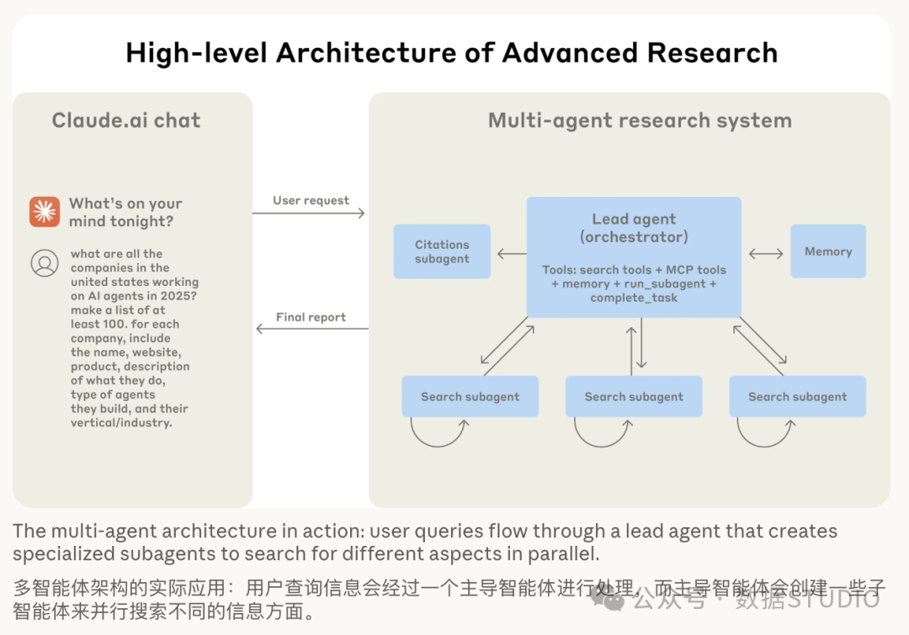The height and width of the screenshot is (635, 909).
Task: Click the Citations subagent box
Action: [x=442, y=251]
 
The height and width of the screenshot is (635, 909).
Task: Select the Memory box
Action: [x=828, y=251]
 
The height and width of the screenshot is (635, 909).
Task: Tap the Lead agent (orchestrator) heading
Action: [x=634, y=228]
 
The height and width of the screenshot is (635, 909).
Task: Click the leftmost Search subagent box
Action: [x=470, y=396]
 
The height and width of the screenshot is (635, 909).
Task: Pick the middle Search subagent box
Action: [x=634, y=396]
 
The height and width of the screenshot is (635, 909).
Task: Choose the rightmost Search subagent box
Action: [x=797, y=396]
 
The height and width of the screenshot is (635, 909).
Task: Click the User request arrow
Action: [x=308, y=214]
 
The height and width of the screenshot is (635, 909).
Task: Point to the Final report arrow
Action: [x=312, y=329]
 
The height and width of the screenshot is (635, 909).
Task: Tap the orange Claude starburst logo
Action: [x=45, y=211]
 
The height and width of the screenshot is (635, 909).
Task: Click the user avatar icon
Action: [x=45, y=263]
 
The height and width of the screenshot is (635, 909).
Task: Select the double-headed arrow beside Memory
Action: [x=766, y=253]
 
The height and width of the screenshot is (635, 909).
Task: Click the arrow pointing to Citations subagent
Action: [x=512, y=253]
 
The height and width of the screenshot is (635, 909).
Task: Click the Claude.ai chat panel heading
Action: [x=125, y=120]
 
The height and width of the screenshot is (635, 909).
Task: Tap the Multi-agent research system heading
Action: [x=640, y=120]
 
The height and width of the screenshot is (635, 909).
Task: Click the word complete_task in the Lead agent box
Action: [x=634, y=298]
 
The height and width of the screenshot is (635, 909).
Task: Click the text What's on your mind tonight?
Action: [x=125, y=212]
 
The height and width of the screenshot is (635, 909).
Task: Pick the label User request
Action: [x=311, y=200]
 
